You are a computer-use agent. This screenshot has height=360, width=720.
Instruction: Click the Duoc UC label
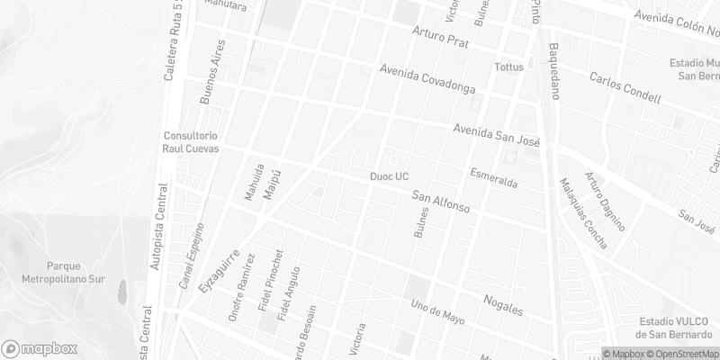pos(390,176)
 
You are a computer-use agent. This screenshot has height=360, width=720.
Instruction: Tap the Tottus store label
pos(508,67)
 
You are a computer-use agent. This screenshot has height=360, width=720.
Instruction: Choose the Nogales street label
pos(503,304)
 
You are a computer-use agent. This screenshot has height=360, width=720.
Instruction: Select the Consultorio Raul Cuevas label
pos(190,142)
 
